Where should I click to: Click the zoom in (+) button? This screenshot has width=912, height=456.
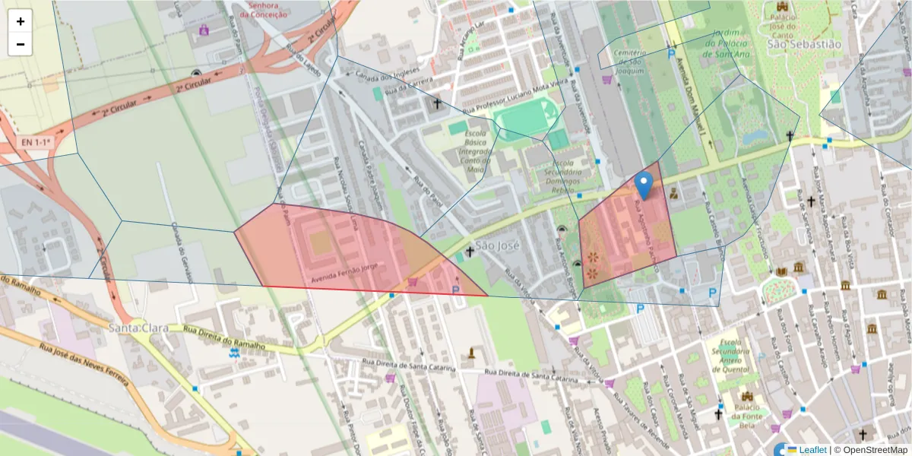pos(21,21)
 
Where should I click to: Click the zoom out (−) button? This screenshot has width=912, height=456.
pos(21,44)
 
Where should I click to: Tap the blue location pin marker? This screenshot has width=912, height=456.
pos(644,185)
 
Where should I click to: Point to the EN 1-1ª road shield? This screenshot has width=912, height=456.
pos(36,142)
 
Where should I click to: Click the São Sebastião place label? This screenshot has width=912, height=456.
pos(804,44)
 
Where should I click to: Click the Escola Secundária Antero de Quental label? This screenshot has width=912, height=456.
pos(733,356)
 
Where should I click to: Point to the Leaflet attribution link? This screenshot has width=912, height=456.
pos(812,450)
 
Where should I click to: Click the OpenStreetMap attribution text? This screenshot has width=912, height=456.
pos(874,450)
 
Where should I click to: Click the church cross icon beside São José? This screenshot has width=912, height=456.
pos(469,251)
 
